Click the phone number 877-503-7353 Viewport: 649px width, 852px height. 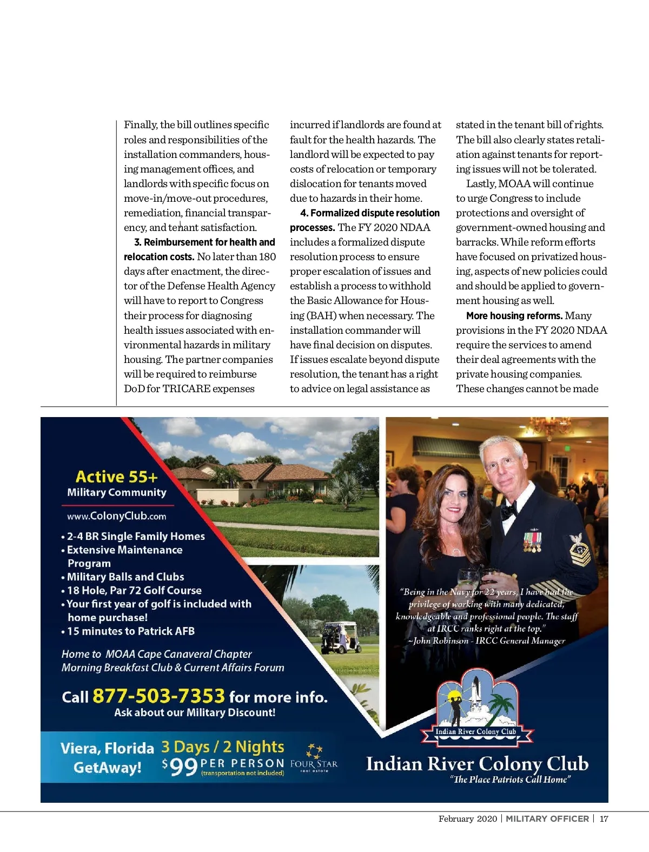pos(158,696)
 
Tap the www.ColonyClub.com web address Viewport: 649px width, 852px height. pos(116,516)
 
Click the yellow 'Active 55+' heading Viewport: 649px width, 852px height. pos(116,477)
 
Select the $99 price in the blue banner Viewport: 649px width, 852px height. pos(180,767)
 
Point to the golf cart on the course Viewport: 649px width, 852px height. pos(340,638)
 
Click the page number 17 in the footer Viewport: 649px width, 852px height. pos(604,818)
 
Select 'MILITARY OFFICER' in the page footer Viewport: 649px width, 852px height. pos(547,818)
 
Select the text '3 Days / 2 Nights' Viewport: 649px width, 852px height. pos(222,747)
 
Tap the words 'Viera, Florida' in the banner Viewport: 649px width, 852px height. pos(107,748)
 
